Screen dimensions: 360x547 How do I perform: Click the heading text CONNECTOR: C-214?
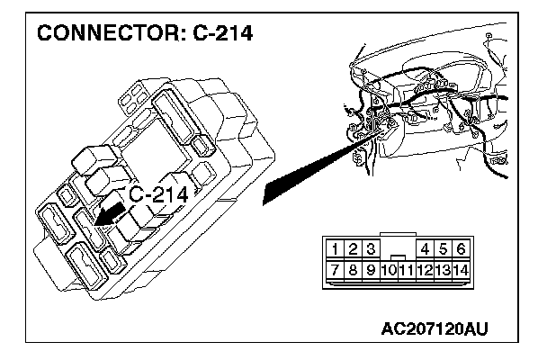144,33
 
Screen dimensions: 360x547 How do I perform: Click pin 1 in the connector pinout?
334,249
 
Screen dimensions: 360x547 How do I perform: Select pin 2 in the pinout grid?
352,249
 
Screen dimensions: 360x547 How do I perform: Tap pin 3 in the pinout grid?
369,249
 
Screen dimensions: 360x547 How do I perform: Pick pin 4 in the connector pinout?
425,249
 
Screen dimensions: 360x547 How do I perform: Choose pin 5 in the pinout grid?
443,249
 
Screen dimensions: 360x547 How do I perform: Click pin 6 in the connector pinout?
461,249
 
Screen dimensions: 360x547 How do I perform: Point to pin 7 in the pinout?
334,268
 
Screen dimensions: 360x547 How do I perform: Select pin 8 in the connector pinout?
352,268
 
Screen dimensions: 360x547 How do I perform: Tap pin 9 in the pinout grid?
369,268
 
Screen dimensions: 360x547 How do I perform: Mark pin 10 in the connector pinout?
388,268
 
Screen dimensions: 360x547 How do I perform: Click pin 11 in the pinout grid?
406,268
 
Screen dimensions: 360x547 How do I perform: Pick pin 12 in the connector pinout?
424,268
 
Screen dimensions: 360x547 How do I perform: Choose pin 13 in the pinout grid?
443,268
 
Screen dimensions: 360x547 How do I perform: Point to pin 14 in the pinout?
461,268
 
